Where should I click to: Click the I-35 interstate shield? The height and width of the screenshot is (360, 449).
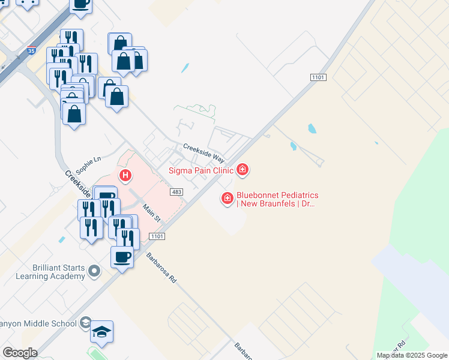pyautogui.click(x=31, y=52)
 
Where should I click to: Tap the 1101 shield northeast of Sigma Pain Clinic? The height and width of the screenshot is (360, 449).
pyautogui.click(x=318, y=78)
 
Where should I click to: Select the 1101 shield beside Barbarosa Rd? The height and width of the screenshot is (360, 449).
pyautogui.click(x=158, y=237)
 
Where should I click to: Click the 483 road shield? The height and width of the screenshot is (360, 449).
pyautogui.click(x=176, y=192)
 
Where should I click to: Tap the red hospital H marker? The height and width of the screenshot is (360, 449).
pyautogui.click(x=125, y=175)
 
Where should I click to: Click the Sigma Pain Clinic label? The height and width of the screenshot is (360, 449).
pyautogui.click(x=201, y=170)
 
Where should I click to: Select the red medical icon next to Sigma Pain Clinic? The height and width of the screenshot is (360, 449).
pyautogui.click(x=243, y=170)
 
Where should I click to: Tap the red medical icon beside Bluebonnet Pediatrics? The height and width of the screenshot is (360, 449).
pyautogui.click(x=228, y=197)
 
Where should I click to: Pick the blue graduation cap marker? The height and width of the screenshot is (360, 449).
pyautogui.click(x=102, y=332)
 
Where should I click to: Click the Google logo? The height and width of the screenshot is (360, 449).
pyautogui.click(x=20, y=353)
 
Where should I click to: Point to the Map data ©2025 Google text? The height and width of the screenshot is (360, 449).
pyautogui.click(x=412, y=355)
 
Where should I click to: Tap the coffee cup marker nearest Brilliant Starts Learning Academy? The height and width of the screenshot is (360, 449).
pyautogui.click(x=122, y=257)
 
